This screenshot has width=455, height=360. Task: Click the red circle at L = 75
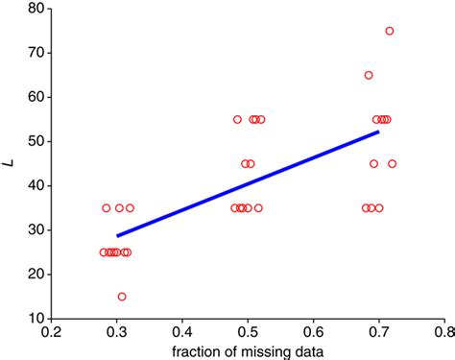pos(389,31)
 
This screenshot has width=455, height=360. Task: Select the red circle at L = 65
pos(369,75)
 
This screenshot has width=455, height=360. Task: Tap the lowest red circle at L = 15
pos(122,297)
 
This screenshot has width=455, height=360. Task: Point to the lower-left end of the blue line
pos(118,235)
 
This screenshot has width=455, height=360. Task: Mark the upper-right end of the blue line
pos(378,132)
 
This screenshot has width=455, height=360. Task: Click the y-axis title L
pos(10,164)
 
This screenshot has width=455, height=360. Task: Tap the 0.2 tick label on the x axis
pos(52,332)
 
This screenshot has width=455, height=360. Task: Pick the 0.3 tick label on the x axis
pos(117,332)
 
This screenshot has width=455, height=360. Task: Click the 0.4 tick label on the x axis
pos(182,332)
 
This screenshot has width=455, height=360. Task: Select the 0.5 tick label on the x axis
pos(248,332)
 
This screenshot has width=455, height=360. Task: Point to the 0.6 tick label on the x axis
pos(313,332)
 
